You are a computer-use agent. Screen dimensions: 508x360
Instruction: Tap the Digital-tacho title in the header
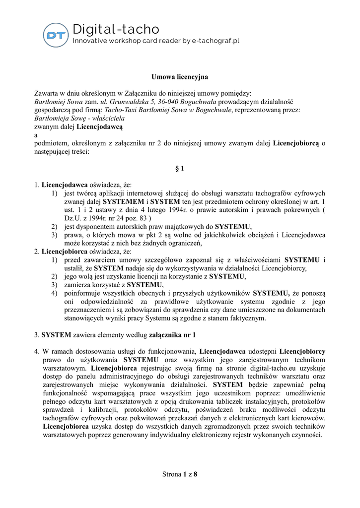point(116,29)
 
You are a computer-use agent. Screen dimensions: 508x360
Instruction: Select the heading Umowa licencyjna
point(180,77)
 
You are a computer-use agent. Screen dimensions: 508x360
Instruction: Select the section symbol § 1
point(180,169)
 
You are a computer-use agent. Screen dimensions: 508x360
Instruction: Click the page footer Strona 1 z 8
point(180,474)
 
